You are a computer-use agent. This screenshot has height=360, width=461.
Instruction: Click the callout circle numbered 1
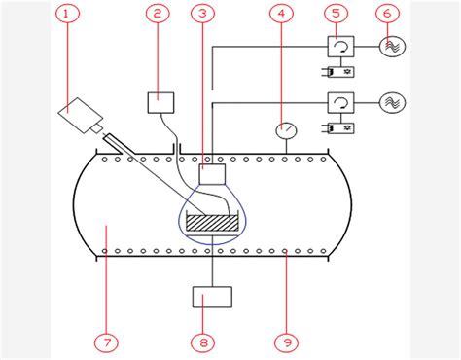[x=66, y=14]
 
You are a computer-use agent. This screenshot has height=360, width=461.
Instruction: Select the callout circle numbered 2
[x=158, y=14]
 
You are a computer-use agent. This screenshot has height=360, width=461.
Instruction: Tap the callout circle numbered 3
[x=201, y=14]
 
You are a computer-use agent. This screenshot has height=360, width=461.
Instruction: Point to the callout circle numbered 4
[x=282, y=14]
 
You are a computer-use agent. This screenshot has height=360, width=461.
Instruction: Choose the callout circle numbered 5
[x=336, y=14]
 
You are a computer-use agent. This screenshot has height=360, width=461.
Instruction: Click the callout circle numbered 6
[x=389, y=14]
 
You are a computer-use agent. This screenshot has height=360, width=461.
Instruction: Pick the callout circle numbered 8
[x=202, y=342]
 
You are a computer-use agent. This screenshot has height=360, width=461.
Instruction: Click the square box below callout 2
[x=159, y=101]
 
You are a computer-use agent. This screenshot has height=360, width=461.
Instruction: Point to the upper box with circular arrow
[x=340, y=46]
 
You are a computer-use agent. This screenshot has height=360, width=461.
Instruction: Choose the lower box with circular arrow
[x=340, y=102]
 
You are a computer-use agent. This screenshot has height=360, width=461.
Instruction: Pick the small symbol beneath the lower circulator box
[x=340, y=126]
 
